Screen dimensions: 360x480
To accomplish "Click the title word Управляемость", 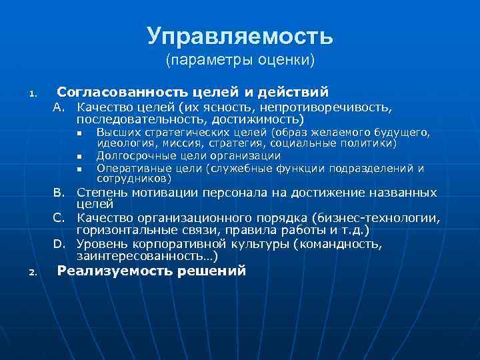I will point(240,37).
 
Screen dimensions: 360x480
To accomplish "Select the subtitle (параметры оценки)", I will point(240,61).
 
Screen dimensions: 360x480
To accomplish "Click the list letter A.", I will point(59,107).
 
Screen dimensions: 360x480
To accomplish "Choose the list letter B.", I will point(59,193).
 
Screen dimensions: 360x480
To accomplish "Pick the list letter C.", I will point(59,219).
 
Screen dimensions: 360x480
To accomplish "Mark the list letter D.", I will point(59,244).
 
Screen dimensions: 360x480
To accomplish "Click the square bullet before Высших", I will point(79,133).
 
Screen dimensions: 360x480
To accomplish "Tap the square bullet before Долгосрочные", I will point(79,157).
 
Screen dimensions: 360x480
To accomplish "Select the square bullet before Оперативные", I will point(79,169).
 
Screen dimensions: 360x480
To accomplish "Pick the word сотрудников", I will point(133,179).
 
